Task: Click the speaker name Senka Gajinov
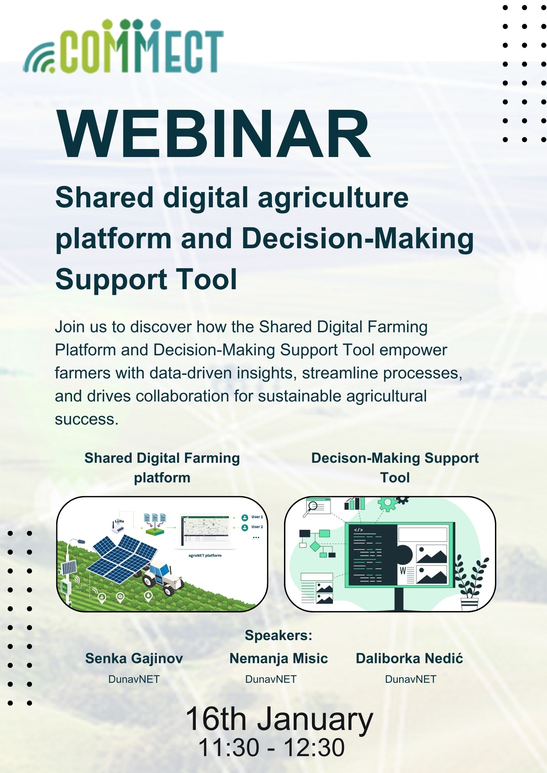pyautogui.click(x=134, y=659)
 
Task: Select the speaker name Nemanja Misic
pyautogui.click(x=278, y=658)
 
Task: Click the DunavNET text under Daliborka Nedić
pyautogui.click(x=411, y=679)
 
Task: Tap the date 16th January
pyautogui.click(x=279, y=719)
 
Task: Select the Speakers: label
pyautogui.click(x=278, y=635)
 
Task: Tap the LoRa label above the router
pyautogui.click(x=119, y=521)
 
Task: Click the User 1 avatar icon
pyautogui.click(x=245, y=517)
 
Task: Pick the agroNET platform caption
pyautogui.click(x=205, y=555)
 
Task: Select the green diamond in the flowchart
pyautogui.click(x=315, y=546)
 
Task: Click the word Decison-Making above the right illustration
pyautogui.click(x=365, y=458)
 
